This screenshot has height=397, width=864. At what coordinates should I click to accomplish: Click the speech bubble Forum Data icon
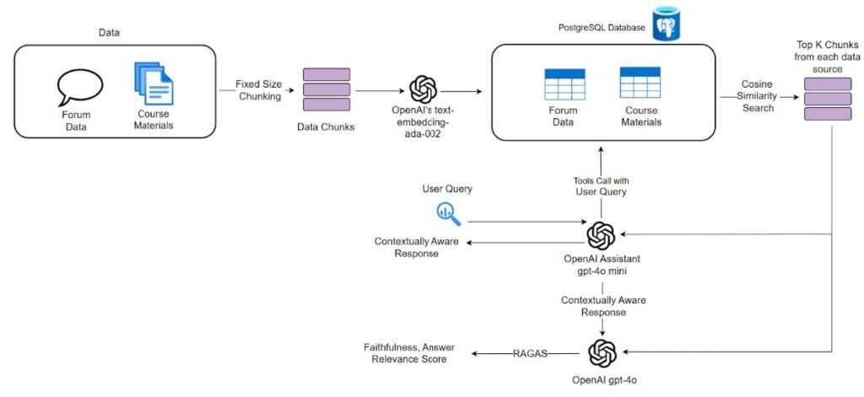tap(80, 86)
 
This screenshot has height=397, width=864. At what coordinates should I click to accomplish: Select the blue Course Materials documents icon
tap(153, 82)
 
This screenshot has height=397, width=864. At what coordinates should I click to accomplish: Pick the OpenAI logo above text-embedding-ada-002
tap(423, 90)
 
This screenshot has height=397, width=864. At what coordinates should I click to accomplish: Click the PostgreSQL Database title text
tap(597, 28)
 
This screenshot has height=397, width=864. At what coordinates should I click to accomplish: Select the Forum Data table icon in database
tap(564, 84)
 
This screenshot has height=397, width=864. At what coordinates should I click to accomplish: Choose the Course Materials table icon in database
tap(640, 83)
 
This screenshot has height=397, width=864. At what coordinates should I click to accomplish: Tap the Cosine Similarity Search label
tap(758, 96)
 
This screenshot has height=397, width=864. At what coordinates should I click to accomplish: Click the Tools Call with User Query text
tap(602, 187)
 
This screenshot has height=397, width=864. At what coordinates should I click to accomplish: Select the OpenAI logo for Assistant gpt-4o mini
tap(601, 235)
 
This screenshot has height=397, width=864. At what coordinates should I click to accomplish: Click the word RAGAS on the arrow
tap(529, 353)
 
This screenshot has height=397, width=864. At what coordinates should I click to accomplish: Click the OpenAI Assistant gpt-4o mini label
tap(601, 264)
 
